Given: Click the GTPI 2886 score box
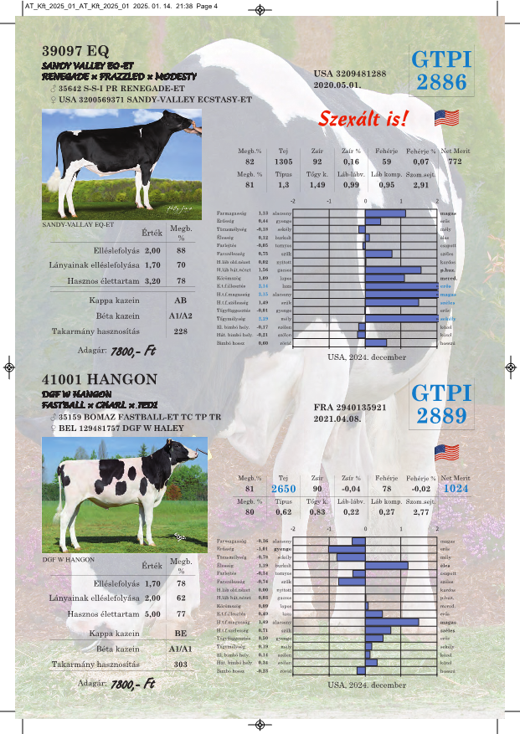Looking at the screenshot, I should point(441,70).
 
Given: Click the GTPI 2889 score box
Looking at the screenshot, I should point(441,404).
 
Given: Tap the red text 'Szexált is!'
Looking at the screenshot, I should point(364,119).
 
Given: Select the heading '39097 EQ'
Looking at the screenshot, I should point(75,49).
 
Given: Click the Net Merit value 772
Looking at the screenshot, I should point(455,161).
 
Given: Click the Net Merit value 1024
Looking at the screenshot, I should point(456,488).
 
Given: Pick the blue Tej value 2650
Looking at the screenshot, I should point(283,488).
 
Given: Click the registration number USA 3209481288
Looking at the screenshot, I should point(350,74).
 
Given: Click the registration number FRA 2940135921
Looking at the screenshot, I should point(350,408).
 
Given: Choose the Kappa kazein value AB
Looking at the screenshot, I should point(180,300).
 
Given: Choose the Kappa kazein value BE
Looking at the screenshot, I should point(180,634).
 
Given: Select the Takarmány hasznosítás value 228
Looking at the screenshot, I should point(180,331).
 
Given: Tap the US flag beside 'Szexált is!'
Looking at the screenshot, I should point(446,118).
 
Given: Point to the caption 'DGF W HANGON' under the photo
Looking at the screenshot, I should point(68,558).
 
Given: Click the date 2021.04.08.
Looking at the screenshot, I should point(337,418).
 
